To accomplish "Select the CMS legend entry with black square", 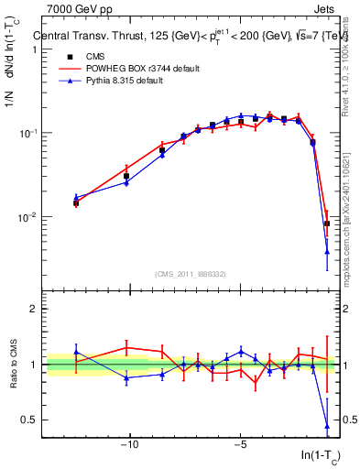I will click(x=76, y=56).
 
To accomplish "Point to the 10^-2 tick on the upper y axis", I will click(x=28, y=217).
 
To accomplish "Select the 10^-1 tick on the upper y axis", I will click(x=28, y=133).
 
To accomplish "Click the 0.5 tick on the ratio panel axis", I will click(x=30, y=420).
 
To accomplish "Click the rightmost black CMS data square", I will click(x=327, y=224).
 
